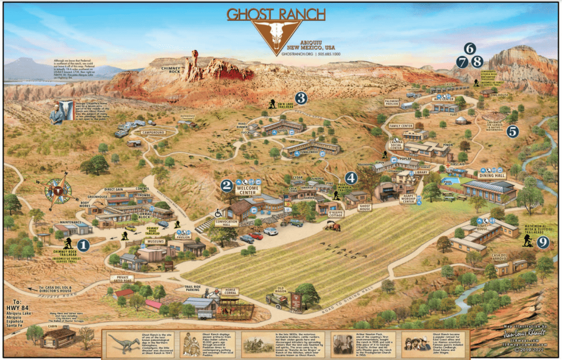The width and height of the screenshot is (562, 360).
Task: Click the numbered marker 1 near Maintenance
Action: click(84, 245)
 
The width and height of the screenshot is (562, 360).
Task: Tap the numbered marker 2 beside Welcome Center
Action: click(227, 185)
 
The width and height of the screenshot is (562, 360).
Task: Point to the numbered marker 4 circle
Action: click(350, 178)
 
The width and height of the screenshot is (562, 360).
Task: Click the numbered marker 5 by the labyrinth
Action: click(513, 131)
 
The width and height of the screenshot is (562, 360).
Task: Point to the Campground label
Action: click(153, 132)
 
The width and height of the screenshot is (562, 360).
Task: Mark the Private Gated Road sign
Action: click(122, 278)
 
